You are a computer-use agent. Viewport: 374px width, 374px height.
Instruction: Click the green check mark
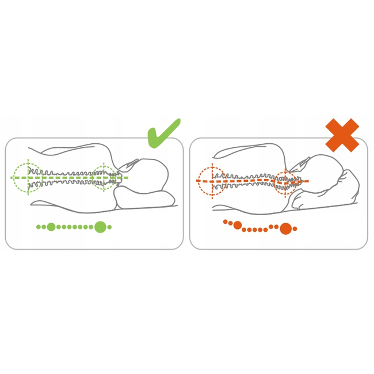pos(163,133)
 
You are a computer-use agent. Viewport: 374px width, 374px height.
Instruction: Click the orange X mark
pos(342,135)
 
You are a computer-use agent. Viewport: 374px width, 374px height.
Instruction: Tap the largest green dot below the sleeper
pos(101,227)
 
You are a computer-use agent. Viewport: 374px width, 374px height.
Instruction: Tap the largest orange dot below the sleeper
pos(285,228)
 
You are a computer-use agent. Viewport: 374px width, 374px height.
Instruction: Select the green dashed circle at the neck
pos(104,178)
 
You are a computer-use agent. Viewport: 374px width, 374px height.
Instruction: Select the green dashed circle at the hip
pos(26,178)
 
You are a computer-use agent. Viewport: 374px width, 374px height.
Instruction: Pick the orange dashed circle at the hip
pos(211,181)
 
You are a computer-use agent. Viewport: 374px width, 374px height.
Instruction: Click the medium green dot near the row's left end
pos(51,227)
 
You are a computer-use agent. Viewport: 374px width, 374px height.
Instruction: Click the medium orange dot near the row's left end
pos(238,225)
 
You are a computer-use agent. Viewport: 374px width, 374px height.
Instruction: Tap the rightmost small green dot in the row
pos(109,227)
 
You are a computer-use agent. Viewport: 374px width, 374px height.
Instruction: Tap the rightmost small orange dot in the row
pos(295,228)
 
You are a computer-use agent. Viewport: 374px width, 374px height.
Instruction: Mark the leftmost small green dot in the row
pos(39,227)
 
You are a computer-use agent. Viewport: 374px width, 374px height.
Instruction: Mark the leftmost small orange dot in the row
pos(226,221)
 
